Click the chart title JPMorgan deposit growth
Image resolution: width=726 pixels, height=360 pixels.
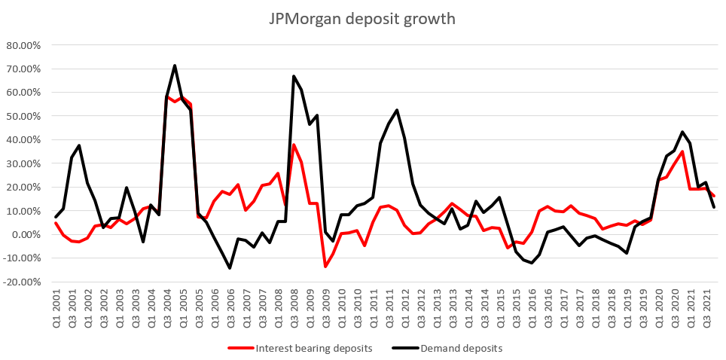(362, 19)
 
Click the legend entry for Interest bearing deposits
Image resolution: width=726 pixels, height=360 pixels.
(297, 348)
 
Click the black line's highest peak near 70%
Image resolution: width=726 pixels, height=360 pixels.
(175, 66)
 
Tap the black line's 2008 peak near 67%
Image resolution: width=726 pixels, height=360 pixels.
(294, 76)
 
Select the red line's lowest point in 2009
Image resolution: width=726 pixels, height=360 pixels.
(325, 267)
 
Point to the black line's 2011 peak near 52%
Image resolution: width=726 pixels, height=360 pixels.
(397, 110)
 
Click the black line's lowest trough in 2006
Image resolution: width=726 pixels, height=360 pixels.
(230, 268)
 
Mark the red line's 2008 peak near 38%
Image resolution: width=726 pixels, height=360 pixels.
(294, 145)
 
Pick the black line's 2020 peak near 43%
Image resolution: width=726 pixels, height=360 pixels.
(682, 132)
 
